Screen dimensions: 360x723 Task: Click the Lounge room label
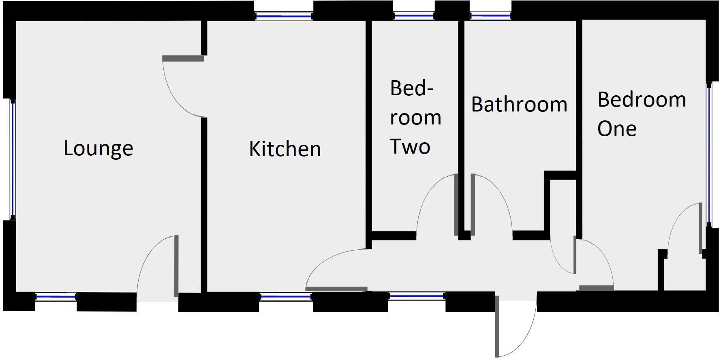click(x=98, y=148)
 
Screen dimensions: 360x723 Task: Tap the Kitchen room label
click(x=285, y=149)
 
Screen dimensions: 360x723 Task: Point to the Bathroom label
click(x=519, y=104)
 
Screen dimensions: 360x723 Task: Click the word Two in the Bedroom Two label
click(x=410, y=146)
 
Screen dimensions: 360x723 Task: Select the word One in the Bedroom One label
click(x=616, y=129)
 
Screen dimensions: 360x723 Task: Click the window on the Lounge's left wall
click(x=13, y=159)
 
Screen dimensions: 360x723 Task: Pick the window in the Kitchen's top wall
click(x=284, y=16)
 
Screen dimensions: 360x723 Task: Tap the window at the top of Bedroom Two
click(x=414, y=16)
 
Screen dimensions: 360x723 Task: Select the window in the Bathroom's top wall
click(x=490, y=16)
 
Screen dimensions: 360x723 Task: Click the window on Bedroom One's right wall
click(x=709, y=154)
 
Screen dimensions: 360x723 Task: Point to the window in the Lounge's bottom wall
click(x=56, y=297)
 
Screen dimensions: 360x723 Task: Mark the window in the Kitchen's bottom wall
click(x=286, y=297)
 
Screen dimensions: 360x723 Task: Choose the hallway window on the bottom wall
click(x=417, y=296)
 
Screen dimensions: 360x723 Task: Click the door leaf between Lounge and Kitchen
click(x=183, y=59)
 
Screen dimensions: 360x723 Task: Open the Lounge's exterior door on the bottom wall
click(x=176, y=266)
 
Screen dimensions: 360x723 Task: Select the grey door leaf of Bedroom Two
click(x=456, y=205)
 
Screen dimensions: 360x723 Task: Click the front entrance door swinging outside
click(x=497, y=324)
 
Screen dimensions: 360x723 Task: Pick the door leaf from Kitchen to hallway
click(x=336, y=289)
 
